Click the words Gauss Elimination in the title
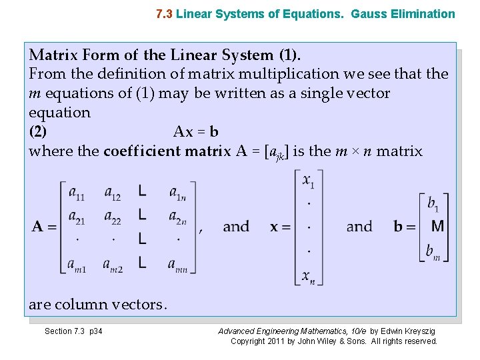click(412, 13)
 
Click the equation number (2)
click(38, 131)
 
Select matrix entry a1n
click(178, 193)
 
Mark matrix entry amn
click(179, 265)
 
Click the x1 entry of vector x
click(309, 181)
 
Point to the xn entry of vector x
click(309, 276)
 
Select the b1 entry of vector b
click(433, 203)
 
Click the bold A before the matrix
click(38, 227)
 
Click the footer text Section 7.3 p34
click(73, 331)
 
